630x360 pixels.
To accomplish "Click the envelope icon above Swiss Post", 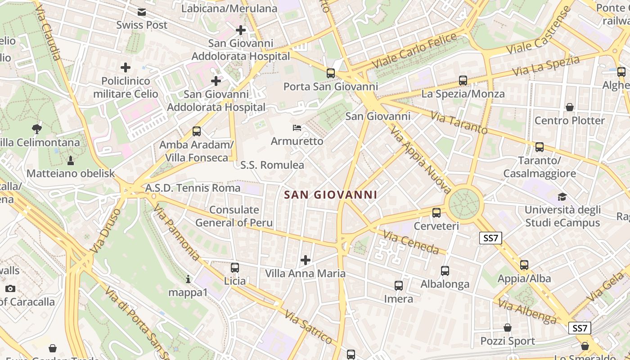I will [142, 12].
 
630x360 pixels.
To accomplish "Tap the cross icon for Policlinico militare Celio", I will [126, 68].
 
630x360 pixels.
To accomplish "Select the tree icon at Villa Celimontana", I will [37, 129].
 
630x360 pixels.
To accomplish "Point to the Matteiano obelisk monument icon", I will [70, 160].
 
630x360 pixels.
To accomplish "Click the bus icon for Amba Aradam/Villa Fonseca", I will [197, 131].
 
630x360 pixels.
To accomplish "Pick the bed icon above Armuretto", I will [297, 128].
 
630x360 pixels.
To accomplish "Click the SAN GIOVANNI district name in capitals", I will [331, 195].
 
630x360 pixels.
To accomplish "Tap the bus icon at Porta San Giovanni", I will [331, 73].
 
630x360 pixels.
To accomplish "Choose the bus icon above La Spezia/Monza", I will [463, 81].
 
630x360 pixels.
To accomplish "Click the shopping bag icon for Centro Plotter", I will [570, 107].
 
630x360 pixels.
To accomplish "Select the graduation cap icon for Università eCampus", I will [562, 197].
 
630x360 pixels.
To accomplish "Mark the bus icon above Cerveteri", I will [436, 213].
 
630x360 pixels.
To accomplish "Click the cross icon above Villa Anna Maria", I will [306, 260].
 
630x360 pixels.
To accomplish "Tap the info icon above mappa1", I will [188, 279].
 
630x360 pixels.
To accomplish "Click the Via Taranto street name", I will [459, 122].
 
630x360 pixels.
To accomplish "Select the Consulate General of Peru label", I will [234, 216].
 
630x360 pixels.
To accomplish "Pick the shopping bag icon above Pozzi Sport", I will [508, 328].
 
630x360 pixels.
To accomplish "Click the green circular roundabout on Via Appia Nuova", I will [463, 204].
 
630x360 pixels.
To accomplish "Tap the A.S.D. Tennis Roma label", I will [193, 188].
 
